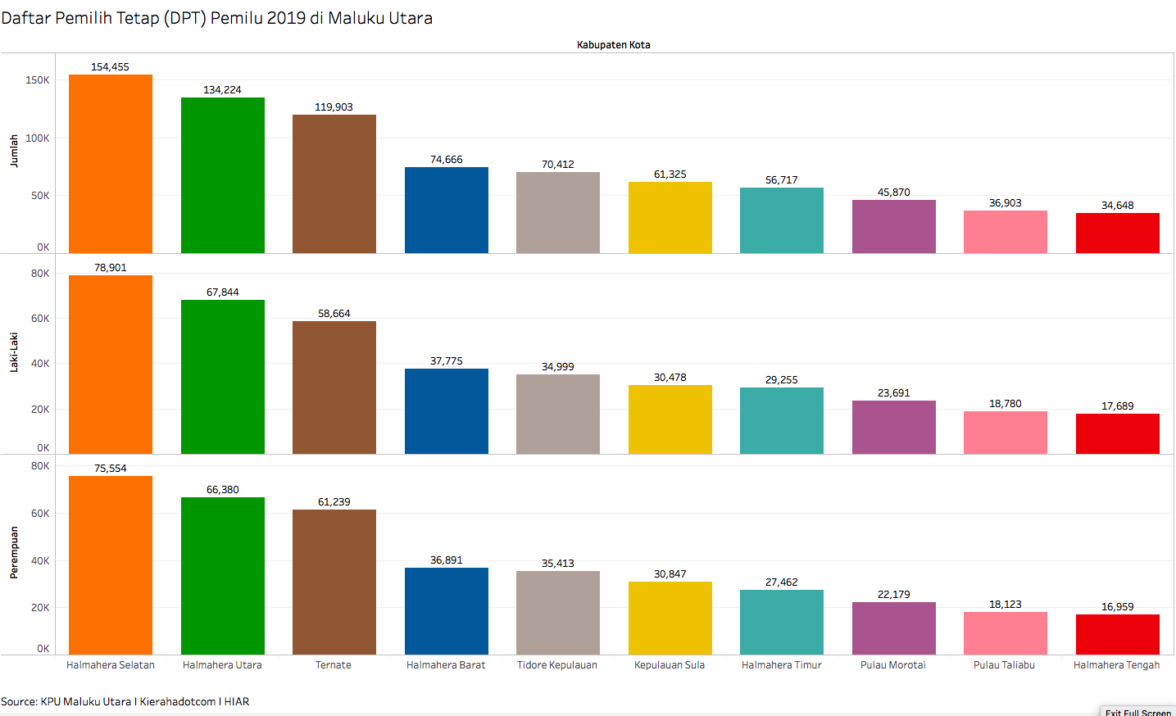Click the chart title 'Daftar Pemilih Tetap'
[x=216, y=18]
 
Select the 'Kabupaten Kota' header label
[x=613, y=45]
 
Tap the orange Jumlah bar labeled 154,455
[x=111, y=164]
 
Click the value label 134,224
[x=222, y=90]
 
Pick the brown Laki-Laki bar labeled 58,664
[x=334, y=387]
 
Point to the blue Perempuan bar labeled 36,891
[x=447, y=611]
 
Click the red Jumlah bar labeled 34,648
[x=1117, y=233]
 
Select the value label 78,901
[x=111, y=268]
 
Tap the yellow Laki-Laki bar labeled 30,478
[x=670, y=419]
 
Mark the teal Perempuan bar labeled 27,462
[x=782, y=622]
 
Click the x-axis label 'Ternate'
[x=334, y=665]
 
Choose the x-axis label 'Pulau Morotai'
[x=893, y=665]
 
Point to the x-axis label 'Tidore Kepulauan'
[x=557, y=665]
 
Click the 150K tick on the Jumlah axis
[x=38, y=80]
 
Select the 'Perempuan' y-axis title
[x=14, y=553]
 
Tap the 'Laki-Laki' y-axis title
[x=14, y=352]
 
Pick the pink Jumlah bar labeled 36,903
[x=1006, y=232]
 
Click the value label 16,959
[x=1117, y=607]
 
